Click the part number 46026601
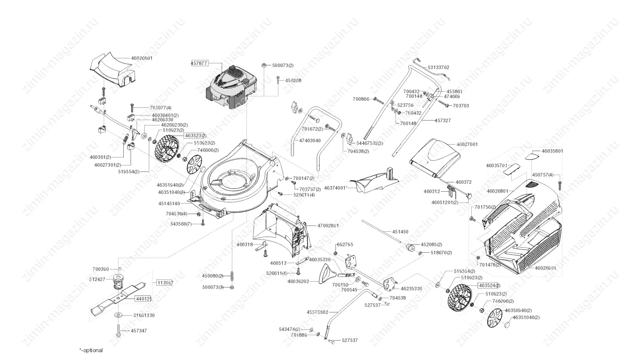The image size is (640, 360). [142, 58]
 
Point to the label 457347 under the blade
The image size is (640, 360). [139, 331]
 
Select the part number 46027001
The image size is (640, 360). [467, 144]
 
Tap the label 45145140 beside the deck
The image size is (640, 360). [169, 203]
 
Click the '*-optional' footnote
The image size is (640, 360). [91, 350]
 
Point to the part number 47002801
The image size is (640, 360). [328, 226]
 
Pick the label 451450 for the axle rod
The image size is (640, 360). [400, 232]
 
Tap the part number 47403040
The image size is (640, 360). [310, 141]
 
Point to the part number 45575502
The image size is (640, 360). [317, 312]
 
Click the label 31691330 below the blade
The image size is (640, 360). [144, 315]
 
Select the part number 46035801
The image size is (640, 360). [552, 151]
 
